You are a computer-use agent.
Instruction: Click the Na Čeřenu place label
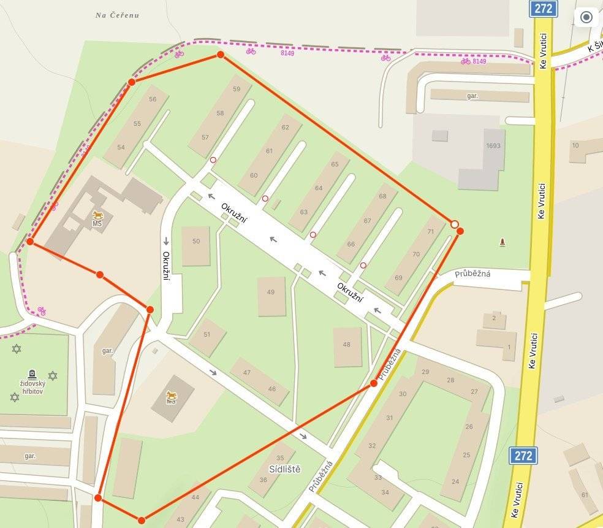117,15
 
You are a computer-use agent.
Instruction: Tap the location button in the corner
586,17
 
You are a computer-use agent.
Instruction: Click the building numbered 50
196,242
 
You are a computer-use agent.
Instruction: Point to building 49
271,292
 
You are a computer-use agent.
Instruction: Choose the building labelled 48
347,345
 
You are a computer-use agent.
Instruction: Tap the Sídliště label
285,469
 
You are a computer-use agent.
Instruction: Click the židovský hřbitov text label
32,386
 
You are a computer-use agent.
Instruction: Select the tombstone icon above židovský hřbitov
32,373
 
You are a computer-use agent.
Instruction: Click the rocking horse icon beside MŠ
98,215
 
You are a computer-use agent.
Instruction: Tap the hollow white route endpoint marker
454,224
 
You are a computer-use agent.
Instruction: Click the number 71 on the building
431,231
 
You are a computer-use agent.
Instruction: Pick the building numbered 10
575,145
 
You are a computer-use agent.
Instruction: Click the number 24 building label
455,482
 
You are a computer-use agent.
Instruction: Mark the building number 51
207,334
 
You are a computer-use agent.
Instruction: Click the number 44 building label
195,497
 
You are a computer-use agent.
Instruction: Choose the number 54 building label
121,147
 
